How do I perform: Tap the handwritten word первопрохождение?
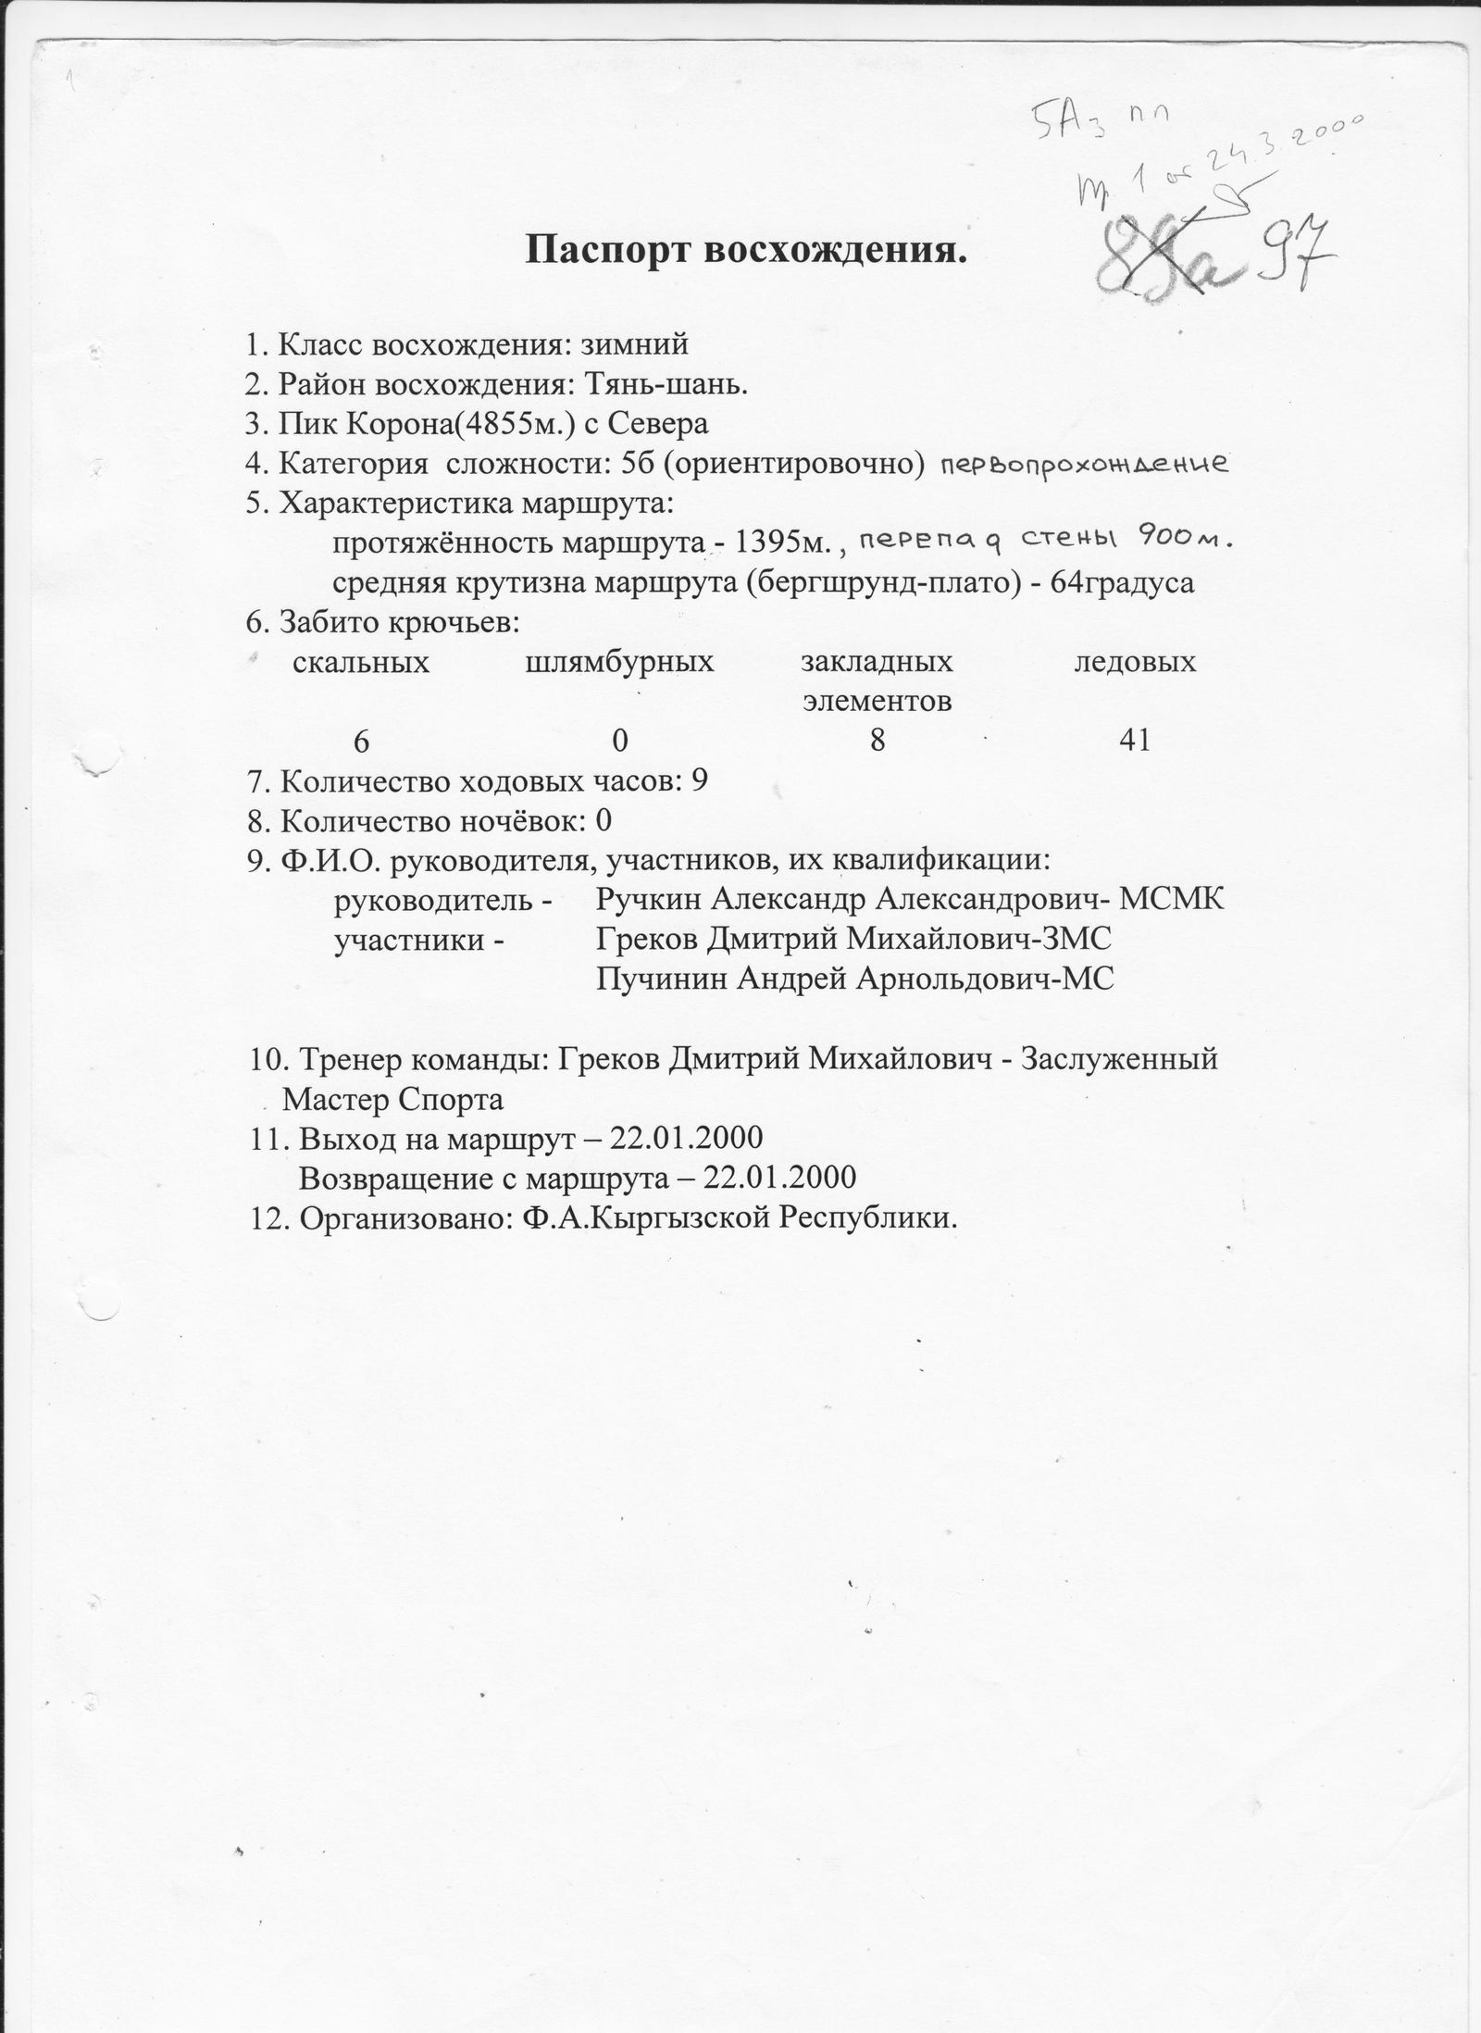click(x=1084, y=464)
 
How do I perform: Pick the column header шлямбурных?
click(x=619, y=662)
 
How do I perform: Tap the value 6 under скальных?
click(x=361, y=740)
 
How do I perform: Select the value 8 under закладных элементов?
click(x=877, y=740)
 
